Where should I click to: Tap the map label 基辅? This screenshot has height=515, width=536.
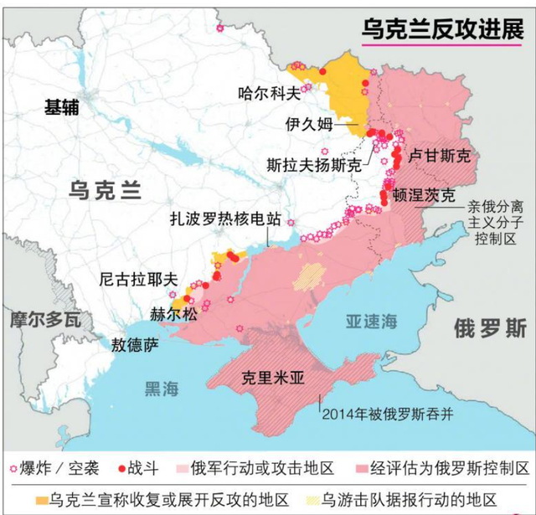coord(64,106)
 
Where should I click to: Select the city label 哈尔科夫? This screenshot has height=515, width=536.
coord(268,93)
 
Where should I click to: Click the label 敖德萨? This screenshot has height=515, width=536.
coord(134,342)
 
